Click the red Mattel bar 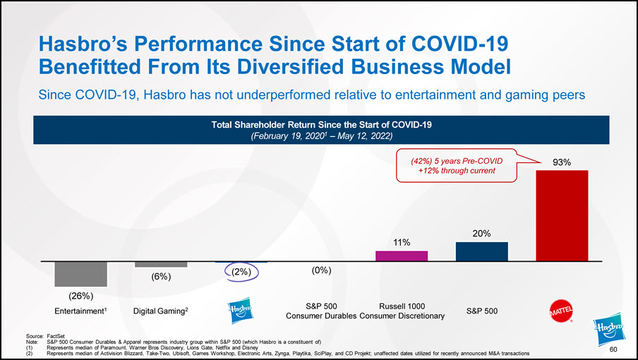tap(562, 215)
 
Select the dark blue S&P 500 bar tap(482, 251)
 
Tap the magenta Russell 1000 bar tap(402, 256)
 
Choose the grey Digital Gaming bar tap(161, 264)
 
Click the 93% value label tap(562, 162)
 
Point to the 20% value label tap(482, 233)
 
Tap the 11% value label tap(402, 242)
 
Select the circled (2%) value tap(241, 272)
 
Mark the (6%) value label tap(161, 277)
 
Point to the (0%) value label tap(321, 270)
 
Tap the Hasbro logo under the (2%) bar tap(241, 311)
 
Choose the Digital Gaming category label tap(161, 311)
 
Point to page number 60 tap(613, 349)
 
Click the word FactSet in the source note tap(56, 337)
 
